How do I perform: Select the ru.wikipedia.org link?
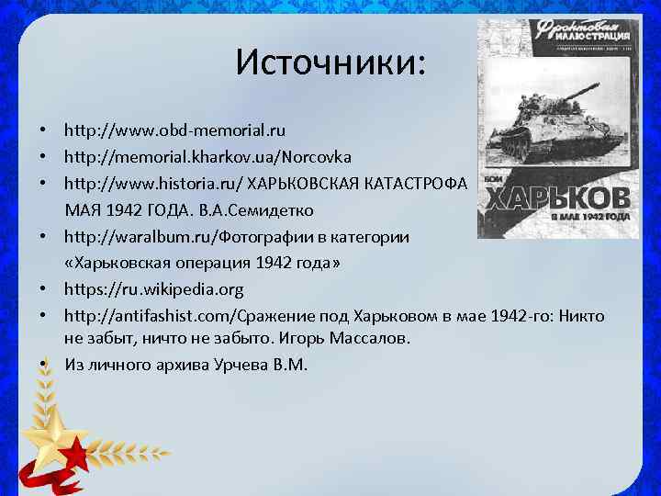click(153, 290)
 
